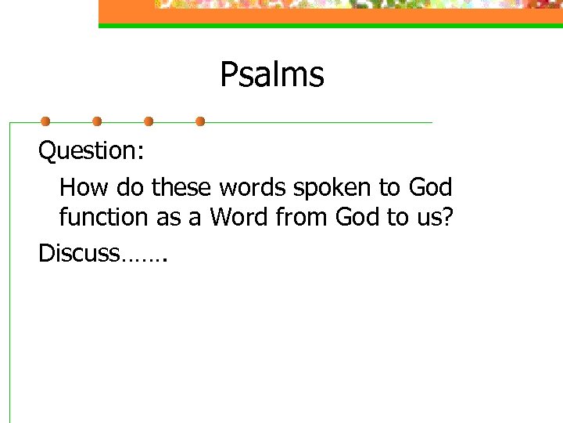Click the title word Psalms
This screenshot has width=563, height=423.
(x=271, y=75)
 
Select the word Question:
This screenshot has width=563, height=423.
(x=91, y=150)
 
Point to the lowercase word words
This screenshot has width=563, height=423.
(x=253, y=188)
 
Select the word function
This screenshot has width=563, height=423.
(x=104, y=217)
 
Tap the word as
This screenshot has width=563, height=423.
(x=168, y=218)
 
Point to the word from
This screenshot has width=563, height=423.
(x=302, y=217)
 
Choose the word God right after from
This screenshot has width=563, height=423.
(x=357, y=217)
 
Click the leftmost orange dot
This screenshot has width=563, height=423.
(x=45, y=121)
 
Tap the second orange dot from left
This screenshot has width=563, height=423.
(x=97, y=121)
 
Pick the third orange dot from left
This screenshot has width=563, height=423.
(x=149, y=121)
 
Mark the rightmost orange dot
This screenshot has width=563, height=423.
(x=200, y=121)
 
